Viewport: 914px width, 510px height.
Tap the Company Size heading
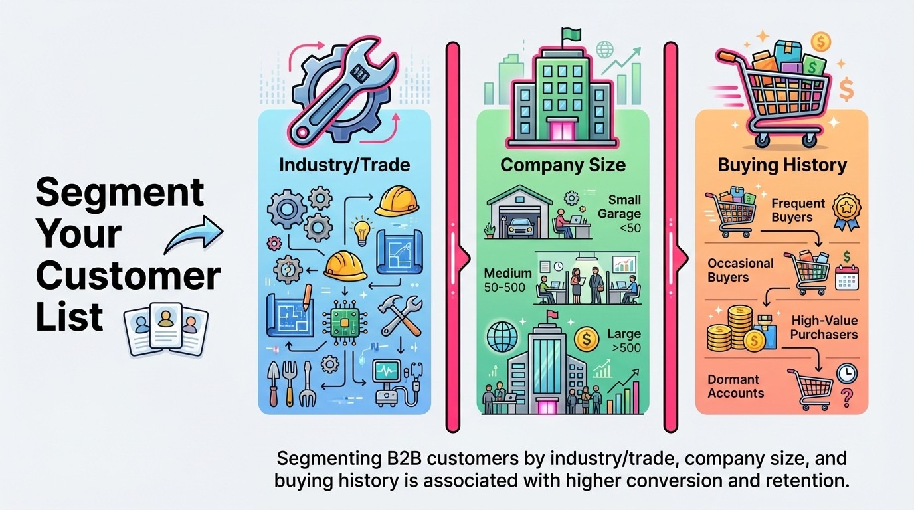coord(563,164)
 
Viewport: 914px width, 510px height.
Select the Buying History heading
coord(782,165)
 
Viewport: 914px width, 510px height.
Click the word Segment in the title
coord(120,193)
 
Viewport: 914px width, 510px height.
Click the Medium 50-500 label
coord(507,280)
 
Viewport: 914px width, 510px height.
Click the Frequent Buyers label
coord(798,210)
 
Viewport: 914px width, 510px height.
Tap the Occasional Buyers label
coord(741,270)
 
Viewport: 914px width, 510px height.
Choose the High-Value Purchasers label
coord(824,327)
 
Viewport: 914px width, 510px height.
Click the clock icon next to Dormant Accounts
coord(846,373)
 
